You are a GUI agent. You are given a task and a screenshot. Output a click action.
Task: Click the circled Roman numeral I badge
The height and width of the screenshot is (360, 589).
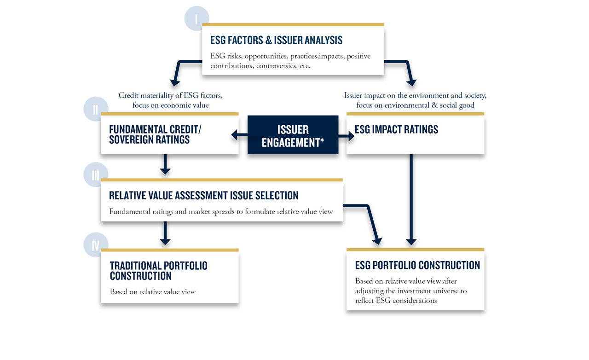tap(196, 18)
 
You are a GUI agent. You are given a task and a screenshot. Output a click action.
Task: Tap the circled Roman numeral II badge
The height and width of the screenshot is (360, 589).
tap(96, 109)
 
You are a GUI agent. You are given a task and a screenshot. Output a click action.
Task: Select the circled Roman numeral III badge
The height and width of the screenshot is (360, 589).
tap(96, 174)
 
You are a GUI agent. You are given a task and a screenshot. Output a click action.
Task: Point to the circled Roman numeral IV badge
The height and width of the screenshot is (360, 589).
tap(96, 245)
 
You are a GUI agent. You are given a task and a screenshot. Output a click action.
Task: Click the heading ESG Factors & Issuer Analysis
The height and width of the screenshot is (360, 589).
tap(277, 40)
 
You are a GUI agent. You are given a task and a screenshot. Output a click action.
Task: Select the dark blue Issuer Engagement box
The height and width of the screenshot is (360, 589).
tap(293, 135)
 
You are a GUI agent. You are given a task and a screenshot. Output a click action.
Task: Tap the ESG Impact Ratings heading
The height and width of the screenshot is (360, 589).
tap(396, 129)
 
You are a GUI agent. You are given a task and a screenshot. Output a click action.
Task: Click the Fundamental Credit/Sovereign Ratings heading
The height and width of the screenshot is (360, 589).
tap(155, 134)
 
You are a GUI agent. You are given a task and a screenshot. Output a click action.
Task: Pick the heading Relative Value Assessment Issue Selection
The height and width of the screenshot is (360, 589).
tap(204, 196)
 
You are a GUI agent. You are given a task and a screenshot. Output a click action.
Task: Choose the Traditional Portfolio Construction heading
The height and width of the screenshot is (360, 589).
tap(159, 271)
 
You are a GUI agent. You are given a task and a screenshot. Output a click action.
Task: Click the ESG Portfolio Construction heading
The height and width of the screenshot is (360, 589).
tap(417, 265)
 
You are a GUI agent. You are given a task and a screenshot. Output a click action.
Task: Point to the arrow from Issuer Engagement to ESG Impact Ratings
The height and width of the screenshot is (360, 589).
tap(346, 136)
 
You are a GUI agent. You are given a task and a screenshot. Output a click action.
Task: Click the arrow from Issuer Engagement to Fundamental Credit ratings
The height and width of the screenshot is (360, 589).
tap(239, 135)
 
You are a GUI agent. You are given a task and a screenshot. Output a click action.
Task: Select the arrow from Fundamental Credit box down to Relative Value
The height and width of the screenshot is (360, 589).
tap(165, 164)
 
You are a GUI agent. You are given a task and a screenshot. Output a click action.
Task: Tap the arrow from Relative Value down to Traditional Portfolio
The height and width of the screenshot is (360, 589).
tap(165, 233)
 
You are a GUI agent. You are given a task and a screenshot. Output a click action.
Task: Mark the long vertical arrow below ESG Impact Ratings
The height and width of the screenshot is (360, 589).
tap(411, 199)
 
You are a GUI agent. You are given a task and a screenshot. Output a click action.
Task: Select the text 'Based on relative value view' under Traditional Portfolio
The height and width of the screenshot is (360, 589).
tap(153, 291)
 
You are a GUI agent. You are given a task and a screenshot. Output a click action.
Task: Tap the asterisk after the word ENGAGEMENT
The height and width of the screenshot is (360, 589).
tap(322, 140)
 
